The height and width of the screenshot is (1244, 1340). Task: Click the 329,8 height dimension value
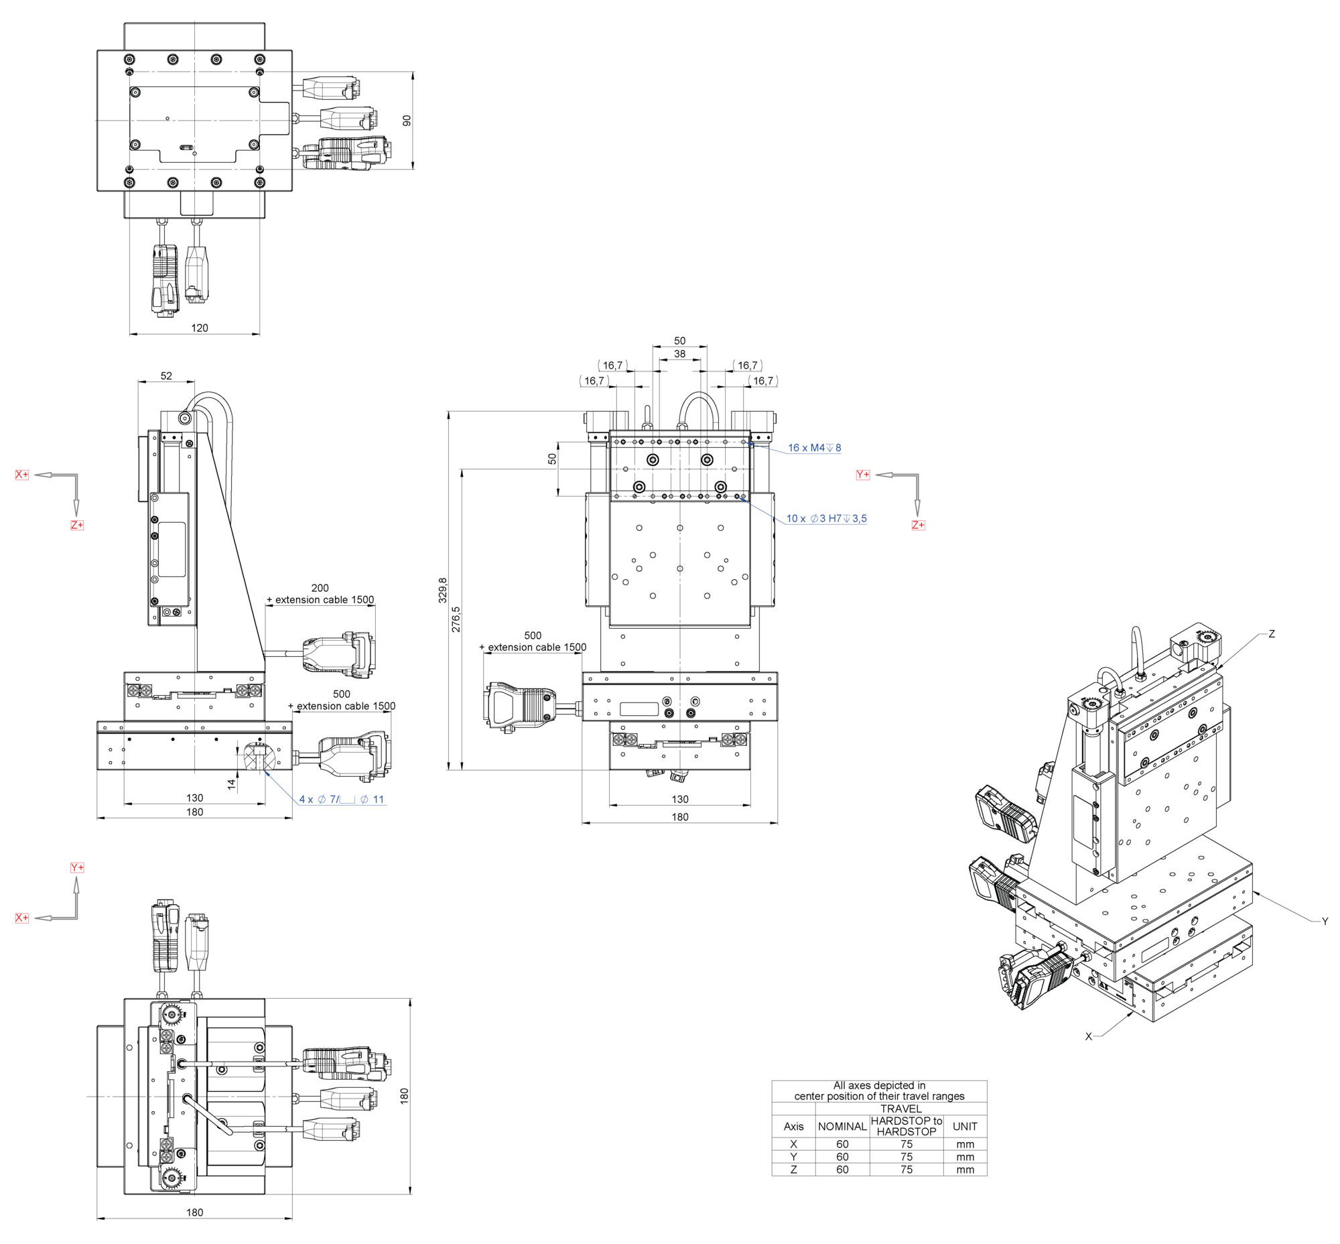pos(442,589)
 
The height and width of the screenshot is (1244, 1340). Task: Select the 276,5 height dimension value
pos(456,619)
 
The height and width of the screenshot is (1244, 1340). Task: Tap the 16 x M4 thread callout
pos(813,448)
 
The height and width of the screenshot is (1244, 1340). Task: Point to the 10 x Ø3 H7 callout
pos(826,518)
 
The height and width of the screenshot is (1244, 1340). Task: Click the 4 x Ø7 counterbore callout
pos(341,799)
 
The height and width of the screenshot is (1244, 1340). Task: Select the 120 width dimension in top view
pos(199,328)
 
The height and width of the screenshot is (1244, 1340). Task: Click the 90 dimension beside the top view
pos(407,120)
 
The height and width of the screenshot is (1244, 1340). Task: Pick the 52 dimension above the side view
pos(166,375)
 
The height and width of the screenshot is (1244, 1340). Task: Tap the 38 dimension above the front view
pos(679,353)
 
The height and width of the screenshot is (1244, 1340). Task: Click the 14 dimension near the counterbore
pos(232,784)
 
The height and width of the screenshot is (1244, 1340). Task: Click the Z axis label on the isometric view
pos(1271,633)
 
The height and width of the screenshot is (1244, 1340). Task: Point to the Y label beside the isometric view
pos(1324,921)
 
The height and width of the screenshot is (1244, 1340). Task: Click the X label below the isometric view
pos(1087,1036)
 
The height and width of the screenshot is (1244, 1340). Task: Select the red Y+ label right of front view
pos(862,475)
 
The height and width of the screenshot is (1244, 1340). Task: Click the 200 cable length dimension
pos(320,588)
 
